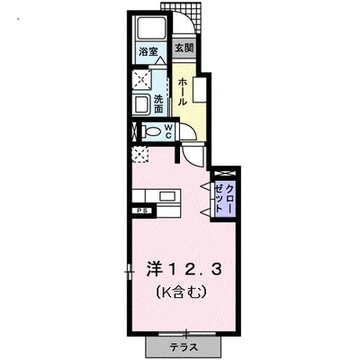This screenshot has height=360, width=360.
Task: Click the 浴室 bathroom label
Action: (x=148, y=52)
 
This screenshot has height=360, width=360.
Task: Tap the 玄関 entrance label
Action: (x=183, y=47)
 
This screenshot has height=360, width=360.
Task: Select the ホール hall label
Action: (x=182, y=92)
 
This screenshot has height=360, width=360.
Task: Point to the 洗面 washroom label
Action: (x=158, y=103)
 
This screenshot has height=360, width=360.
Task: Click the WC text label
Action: (x=168, y=132)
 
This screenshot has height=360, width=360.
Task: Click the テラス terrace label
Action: (x=183, y=346)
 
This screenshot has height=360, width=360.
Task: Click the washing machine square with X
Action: (x=143, y=79)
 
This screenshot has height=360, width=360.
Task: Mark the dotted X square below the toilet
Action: (x=140, y=154)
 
